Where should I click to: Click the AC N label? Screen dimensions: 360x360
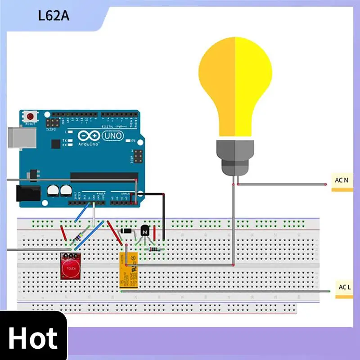tap(342, 180)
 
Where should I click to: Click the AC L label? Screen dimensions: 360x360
tap(344, 287)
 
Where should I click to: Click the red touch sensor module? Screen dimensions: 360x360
tap(70, 266)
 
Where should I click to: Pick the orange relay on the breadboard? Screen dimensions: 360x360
tap(128, 270)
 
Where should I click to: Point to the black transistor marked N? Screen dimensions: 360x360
tap(144, 230)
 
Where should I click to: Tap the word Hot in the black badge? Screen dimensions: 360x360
tap(33, 338)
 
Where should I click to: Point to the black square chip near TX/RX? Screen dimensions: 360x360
tap(56, 144)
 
